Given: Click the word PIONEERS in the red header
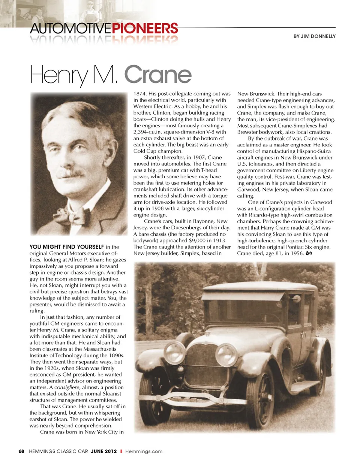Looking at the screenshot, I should point(145,28).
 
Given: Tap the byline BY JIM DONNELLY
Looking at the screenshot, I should point(314,36).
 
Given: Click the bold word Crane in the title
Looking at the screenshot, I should point(158,75).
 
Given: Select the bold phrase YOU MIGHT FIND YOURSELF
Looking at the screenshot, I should point(67,247).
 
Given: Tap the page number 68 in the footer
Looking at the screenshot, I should point(21,451).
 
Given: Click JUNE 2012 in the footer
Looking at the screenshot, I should point(104,451).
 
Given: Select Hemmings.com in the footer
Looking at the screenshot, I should point(144,451).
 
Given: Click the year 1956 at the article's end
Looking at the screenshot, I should point(297,253).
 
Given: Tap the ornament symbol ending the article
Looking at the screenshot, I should point(309,254).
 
